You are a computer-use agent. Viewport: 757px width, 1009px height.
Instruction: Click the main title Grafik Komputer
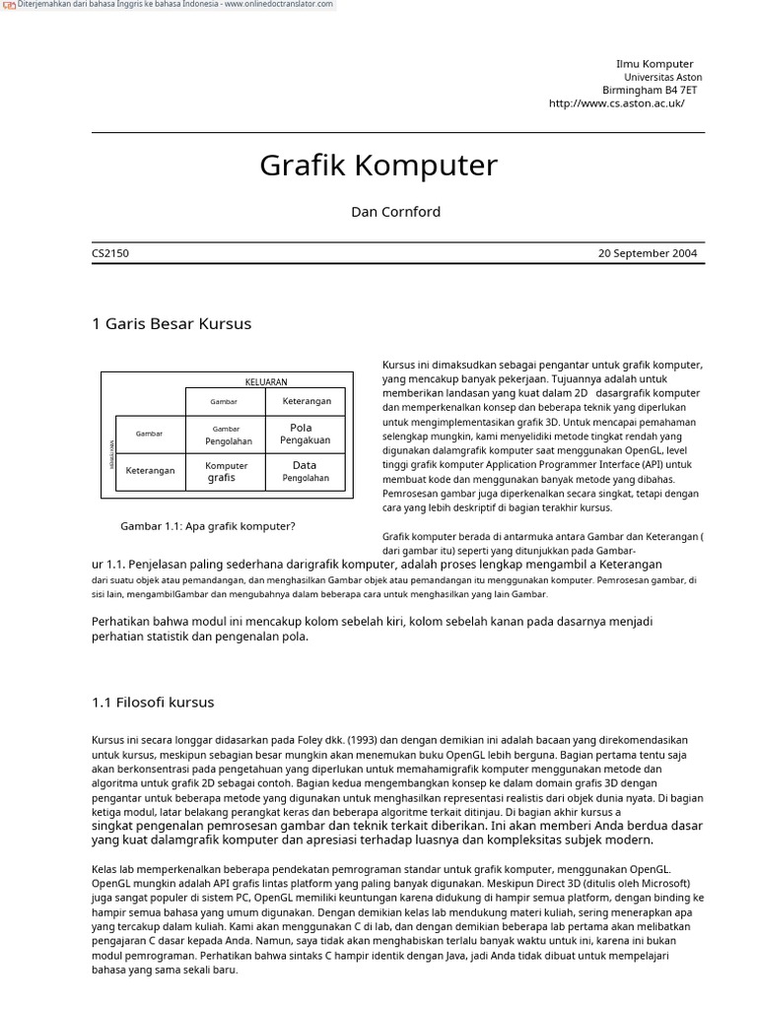(x=378, y=166)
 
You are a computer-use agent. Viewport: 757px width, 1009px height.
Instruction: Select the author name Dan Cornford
(x=395, y=212)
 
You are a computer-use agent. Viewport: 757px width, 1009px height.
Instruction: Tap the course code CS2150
(x=110, y=253)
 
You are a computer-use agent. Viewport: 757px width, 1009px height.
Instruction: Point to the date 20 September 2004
(x=647, y=253)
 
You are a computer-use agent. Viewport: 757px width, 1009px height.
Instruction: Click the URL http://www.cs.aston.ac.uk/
(x=616, y=102)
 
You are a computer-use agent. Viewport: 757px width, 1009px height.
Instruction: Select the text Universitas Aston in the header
(x=662, y=77)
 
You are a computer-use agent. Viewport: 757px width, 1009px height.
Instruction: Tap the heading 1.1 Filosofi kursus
(x=153, y=703)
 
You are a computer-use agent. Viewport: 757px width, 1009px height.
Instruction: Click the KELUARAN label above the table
(x=266, y=381)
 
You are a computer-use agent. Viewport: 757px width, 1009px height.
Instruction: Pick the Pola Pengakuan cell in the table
(x=305, y=434)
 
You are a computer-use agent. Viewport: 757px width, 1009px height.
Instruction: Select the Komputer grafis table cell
(x=226, y=471)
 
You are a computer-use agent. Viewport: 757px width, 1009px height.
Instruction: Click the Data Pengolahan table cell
(x=305, y=471)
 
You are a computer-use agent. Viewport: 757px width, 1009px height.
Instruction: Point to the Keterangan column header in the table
(x=307, y=401)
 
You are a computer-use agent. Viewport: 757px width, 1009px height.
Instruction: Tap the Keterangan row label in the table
(x=150, y=471)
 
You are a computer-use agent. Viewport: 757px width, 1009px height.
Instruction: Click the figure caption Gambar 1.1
(x=208, y=526)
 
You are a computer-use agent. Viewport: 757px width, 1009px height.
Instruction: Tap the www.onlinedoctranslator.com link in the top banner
(x=278, y=5)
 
